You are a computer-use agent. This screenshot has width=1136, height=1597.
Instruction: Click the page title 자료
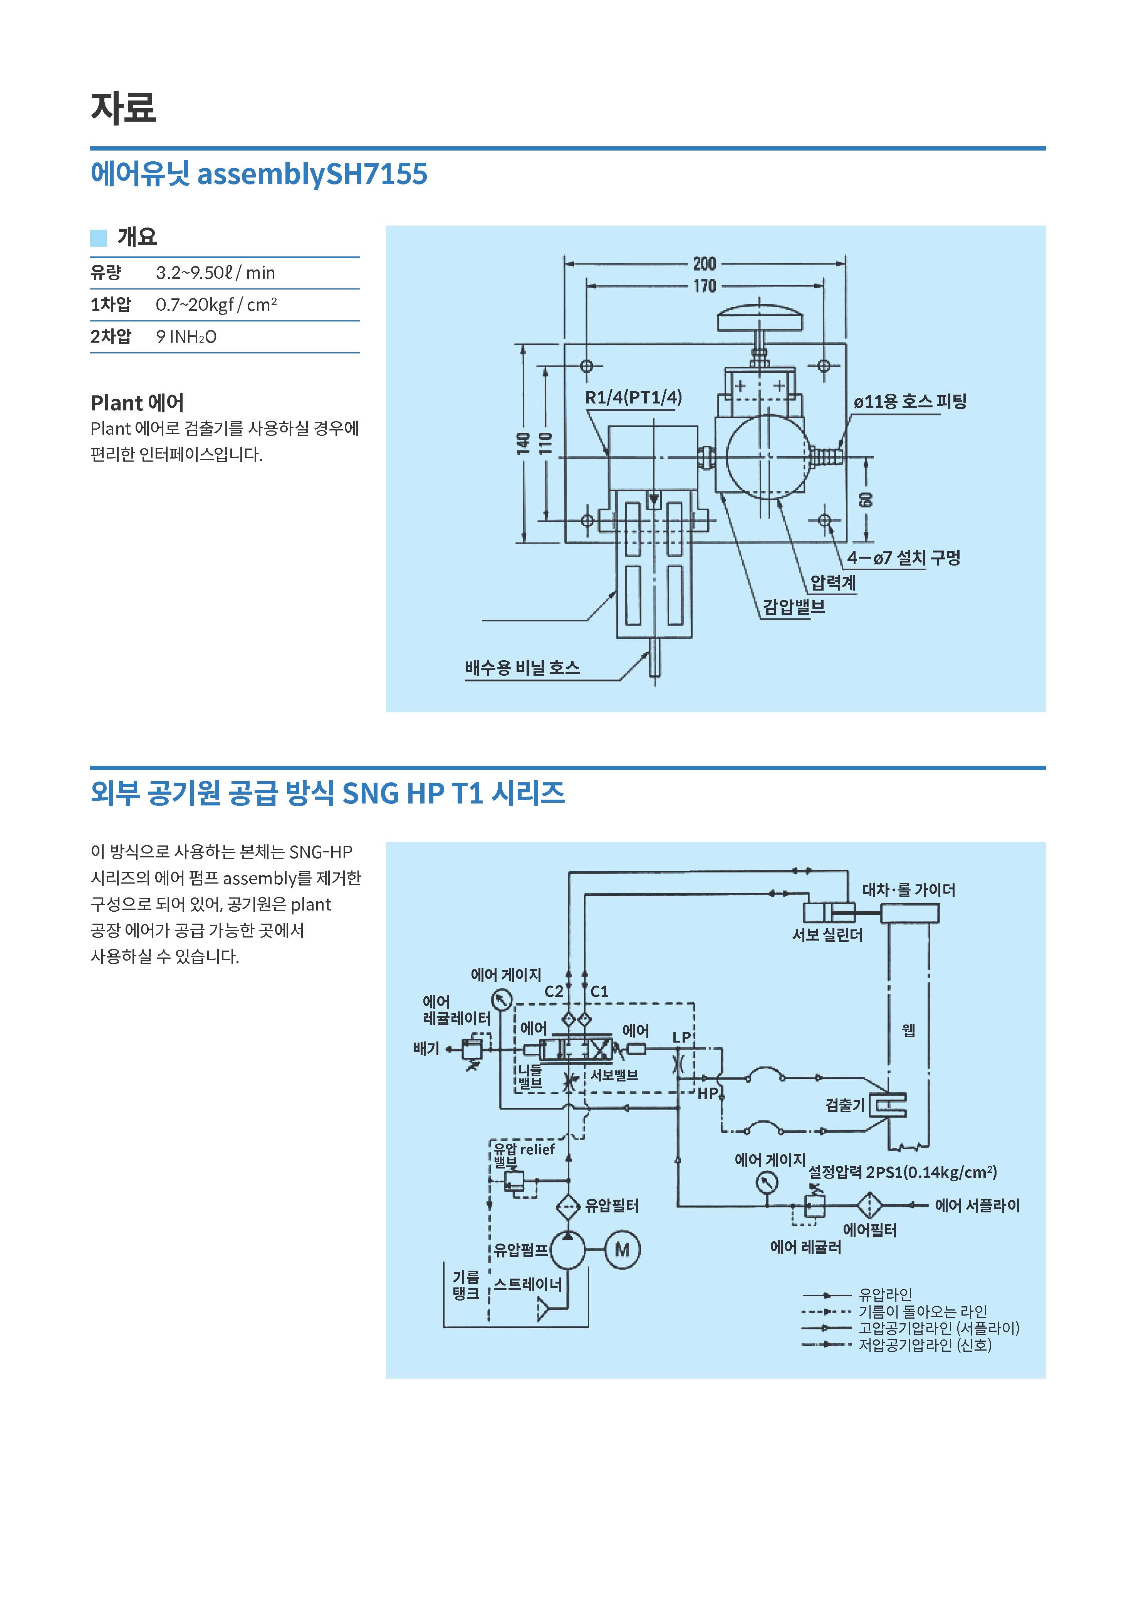(123, 108)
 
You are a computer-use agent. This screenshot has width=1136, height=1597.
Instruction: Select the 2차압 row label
(111, 336)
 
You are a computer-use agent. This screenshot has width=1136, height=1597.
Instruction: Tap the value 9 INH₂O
(186, 337)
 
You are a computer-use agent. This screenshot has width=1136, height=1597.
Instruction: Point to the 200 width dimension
(705, 264)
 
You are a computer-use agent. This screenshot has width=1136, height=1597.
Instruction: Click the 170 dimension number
(705, 286)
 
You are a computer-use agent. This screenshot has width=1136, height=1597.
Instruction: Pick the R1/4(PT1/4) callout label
(633, 398)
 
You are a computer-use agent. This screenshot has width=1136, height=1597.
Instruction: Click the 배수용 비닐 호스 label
(522, 668)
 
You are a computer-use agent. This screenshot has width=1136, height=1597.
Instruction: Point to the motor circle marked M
(622, 1249)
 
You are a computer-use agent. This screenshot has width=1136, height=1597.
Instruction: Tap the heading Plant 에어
(137, 403)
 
